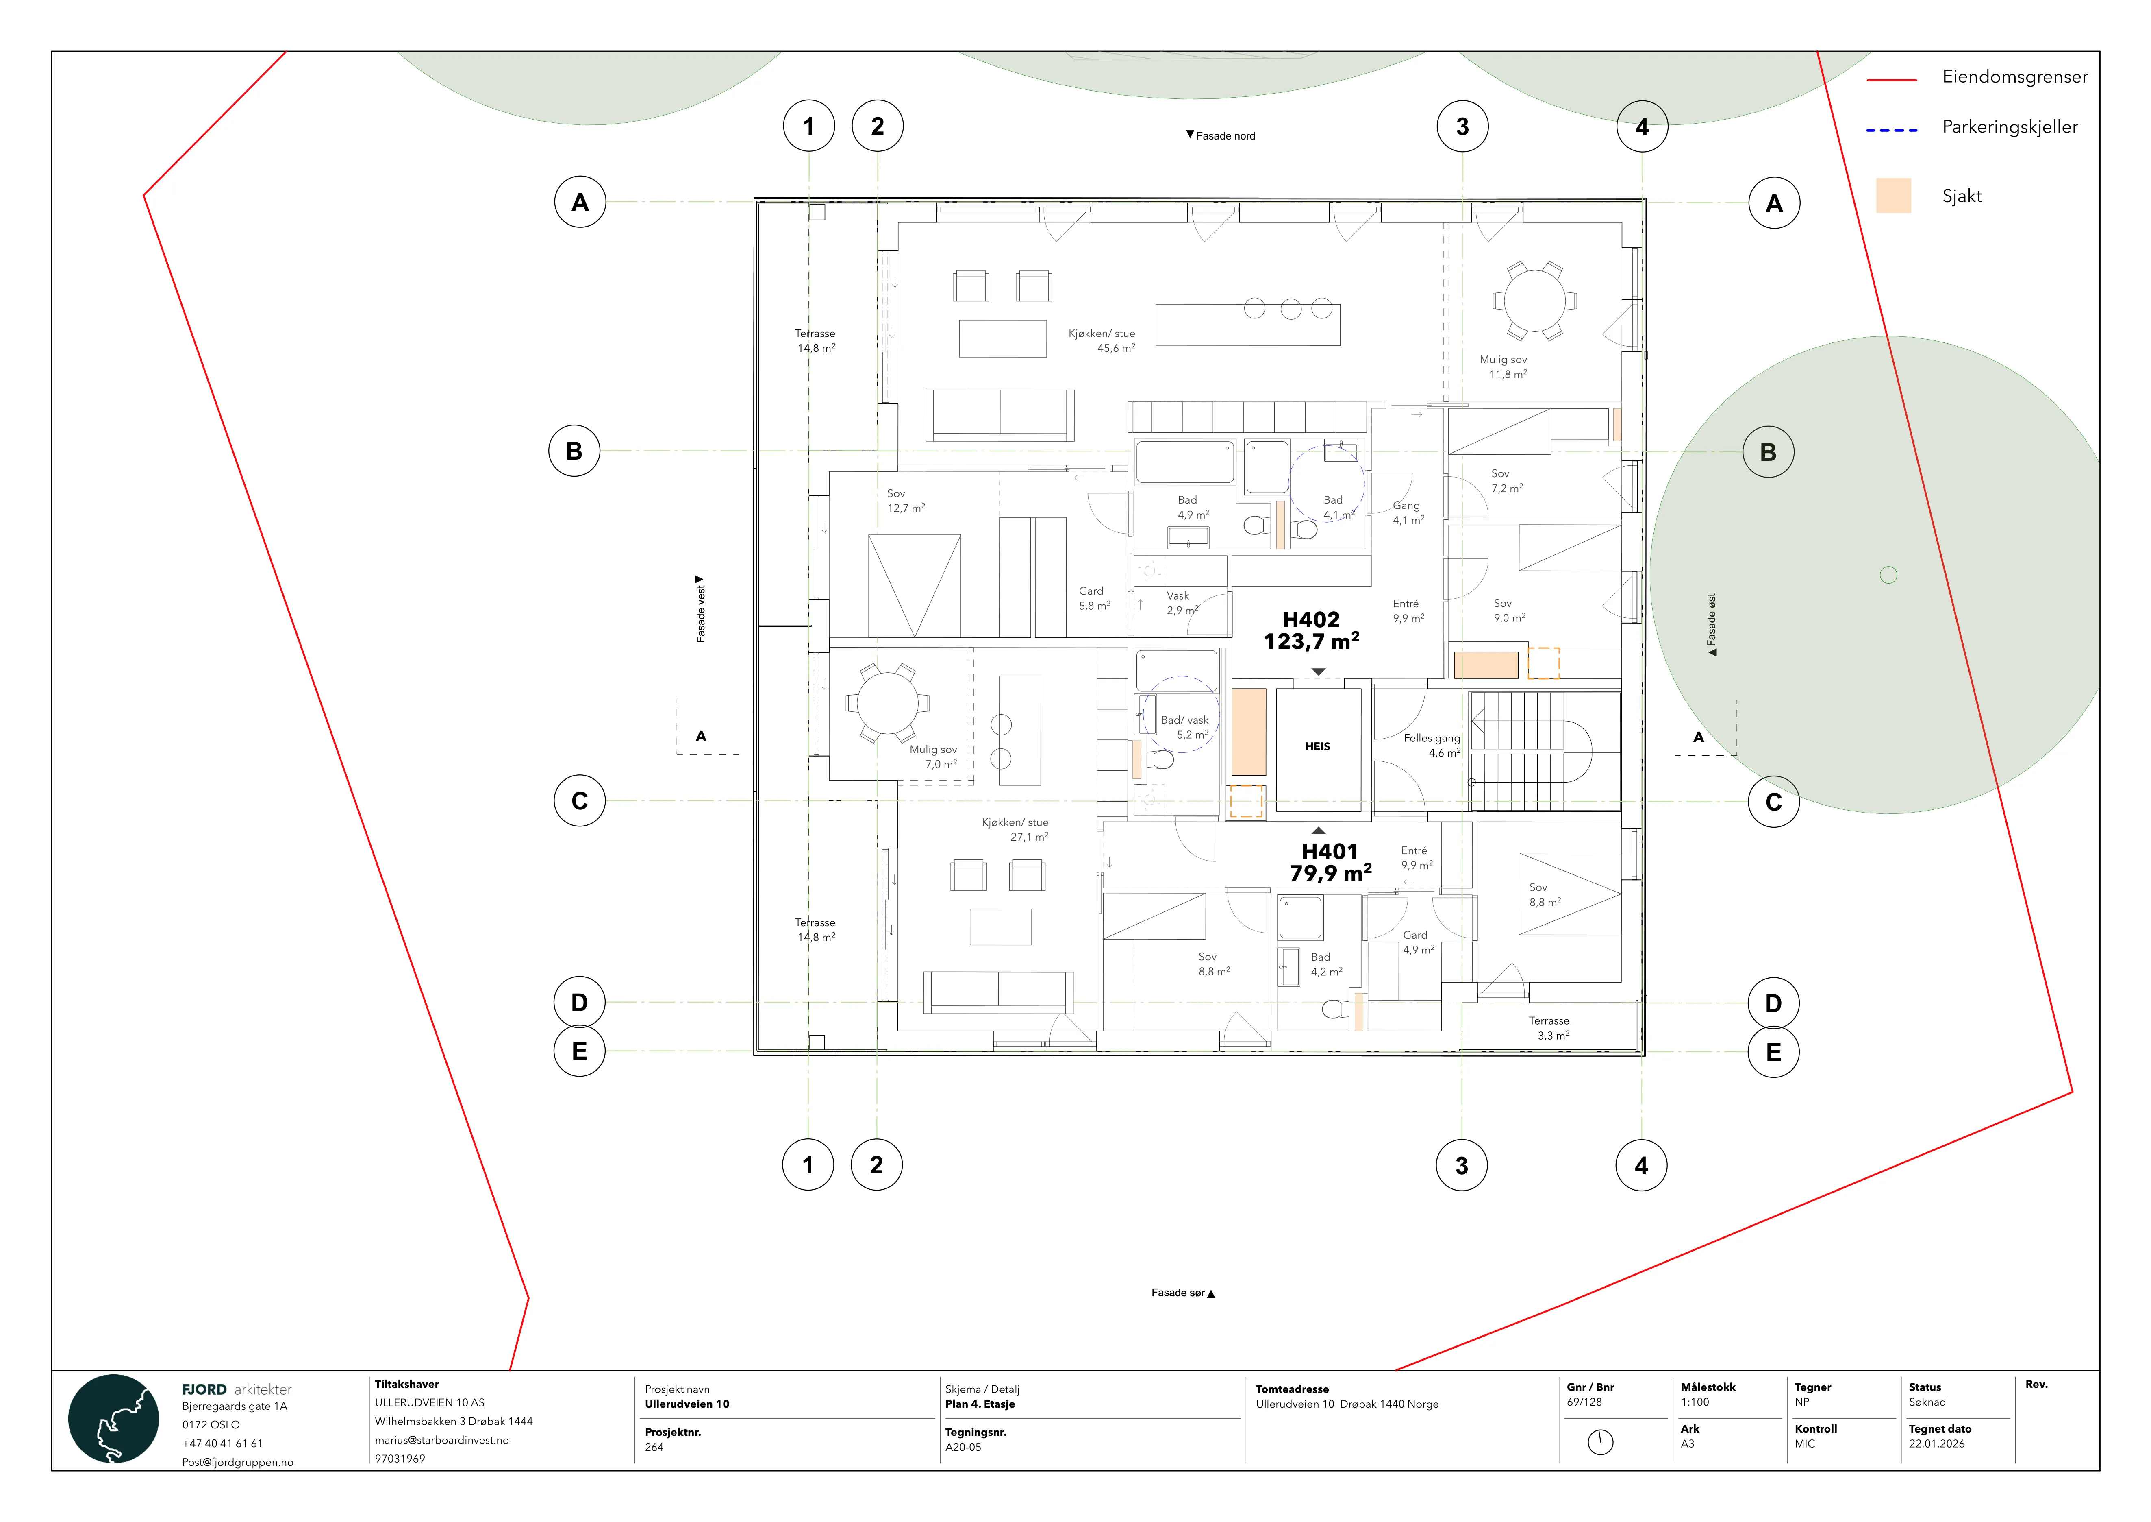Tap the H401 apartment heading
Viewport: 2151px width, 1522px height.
pos(1330,851)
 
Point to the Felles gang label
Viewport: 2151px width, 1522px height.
pos(1432,739)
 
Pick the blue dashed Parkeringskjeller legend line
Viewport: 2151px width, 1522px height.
pos(1892,129)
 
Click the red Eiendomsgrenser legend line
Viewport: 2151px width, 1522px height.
pos(1892,80)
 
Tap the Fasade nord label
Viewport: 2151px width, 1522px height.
pos(1221,136)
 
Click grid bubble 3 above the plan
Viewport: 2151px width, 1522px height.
pos(1462,126)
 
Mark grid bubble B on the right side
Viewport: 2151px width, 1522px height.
pos(1768,452)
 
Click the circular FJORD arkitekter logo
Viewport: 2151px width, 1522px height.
pos(113,1419)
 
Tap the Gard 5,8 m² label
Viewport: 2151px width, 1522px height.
pos(1094,598)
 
